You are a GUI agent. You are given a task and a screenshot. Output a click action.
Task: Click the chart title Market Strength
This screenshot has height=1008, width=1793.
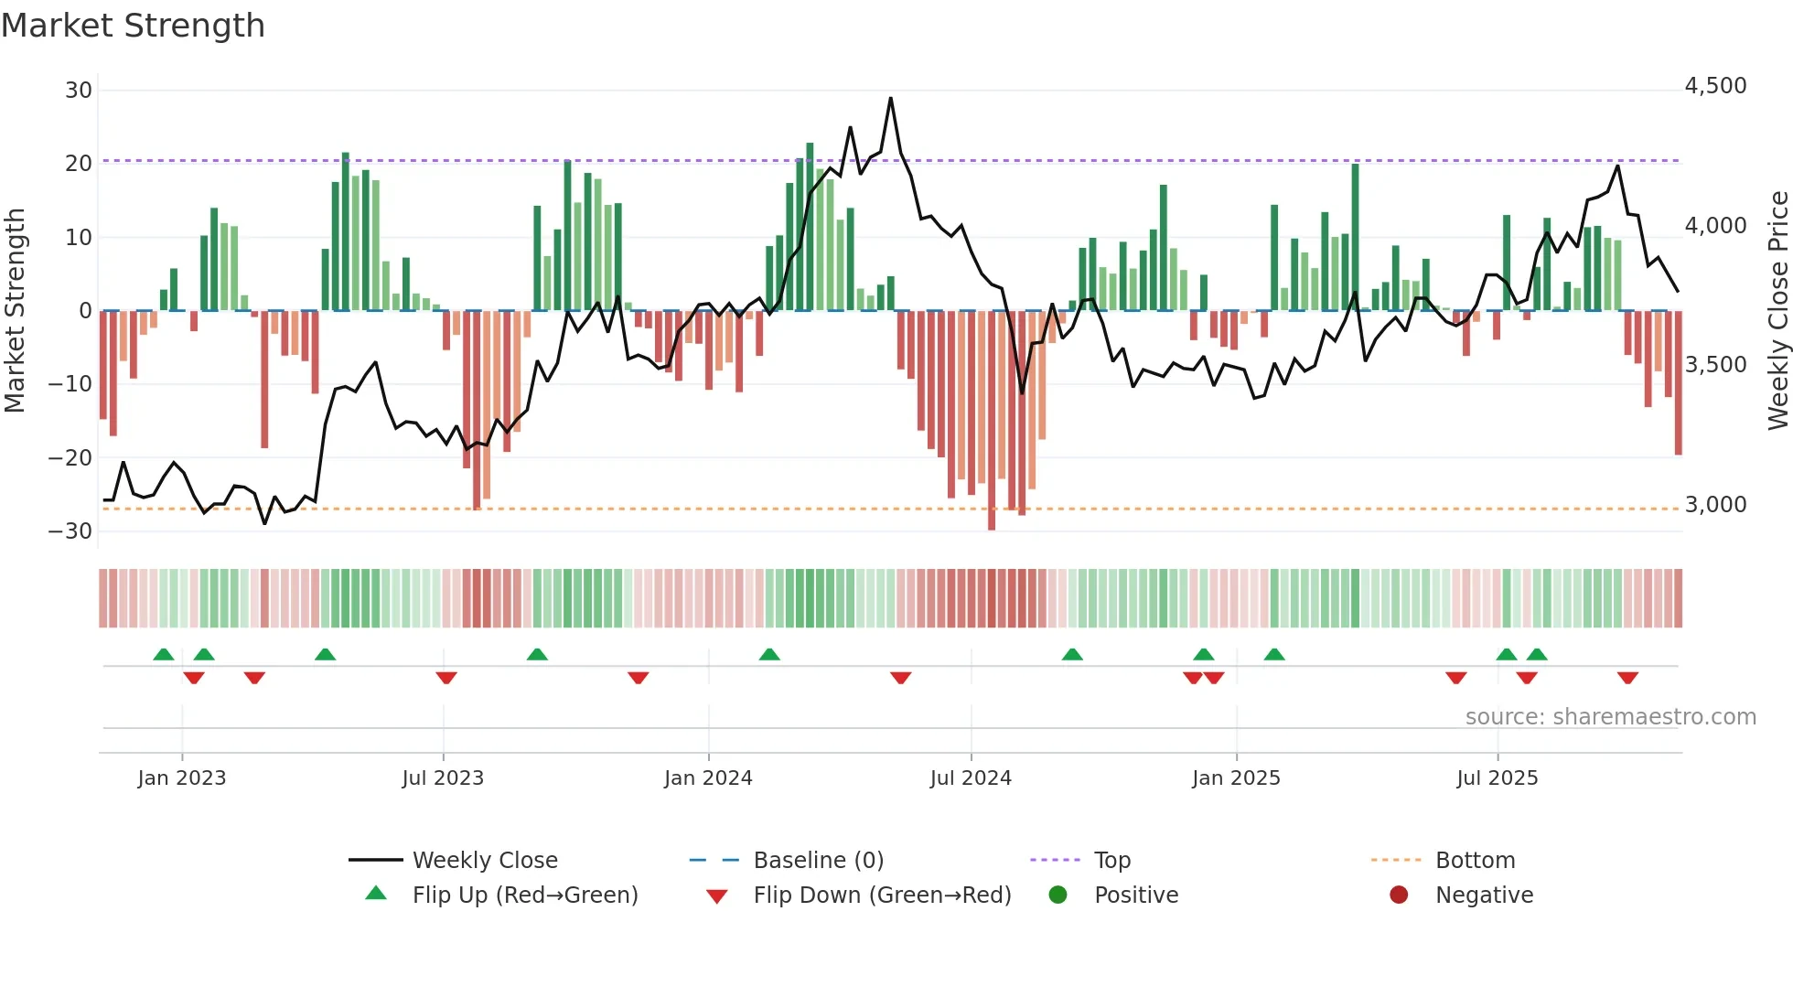coord(133,26)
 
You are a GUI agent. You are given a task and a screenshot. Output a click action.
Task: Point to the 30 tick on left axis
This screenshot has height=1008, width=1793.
coord(79,90)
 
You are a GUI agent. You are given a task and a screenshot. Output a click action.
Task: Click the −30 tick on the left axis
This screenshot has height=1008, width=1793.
coord(71,531)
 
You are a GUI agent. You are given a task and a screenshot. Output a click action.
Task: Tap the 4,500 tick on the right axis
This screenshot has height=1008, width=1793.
coord(1715,86)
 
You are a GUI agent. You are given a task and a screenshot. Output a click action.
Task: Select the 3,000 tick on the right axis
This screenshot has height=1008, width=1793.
coord(1715,504)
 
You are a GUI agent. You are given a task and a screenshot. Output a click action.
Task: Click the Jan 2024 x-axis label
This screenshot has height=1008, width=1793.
coord(708,777)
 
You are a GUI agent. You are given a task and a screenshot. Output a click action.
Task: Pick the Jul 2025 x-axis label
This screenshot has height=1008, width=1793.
coord(1497,777)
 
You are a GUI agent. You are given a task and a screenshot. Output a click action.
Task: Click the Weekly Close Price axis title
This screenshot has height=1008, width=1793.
coord(1777,310)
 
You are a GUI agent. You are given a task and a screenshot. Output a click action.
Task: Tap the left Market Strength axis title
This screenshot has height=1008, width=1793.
coord(15,310)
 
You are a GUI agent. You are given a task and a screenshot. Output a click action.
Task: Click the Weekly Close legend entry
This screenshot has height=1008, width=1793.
coord(484,860)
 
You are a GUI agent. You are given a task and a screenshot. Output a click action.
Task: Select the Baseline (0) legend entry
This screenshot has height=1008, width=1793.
coord(818,860)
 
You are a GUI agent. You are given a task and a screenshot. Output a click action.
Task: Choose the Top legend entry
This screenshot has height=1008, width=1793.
coord(1111,860)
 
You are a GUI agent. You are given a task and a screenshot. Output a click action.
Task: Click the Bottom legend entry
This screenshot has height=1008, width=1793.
coord(1475,860)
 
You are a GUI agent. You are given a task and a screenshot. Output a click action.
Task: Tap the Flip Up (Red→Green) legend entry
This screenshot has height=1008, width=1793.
coord(524,895)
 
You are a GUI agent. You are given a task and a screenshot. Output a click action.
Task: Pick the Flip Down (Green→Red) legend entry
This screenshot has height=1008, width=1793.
coord(882,895)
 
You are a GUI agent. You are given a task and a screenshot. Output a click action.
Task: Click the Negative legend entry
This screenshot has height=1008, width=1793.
coord(1483,895)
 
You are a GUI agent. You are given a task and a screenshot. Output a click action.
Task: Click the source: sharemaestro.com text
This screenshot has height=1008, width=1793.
coord(1610,716)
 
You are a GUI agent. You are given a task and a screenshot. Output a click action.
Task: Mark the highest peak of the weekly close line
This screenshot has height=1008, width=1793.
coord(890,98)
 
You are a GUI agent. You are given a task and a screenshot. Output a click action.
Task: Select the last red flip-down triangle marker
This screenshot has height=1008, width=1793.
coord(1627,678)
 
